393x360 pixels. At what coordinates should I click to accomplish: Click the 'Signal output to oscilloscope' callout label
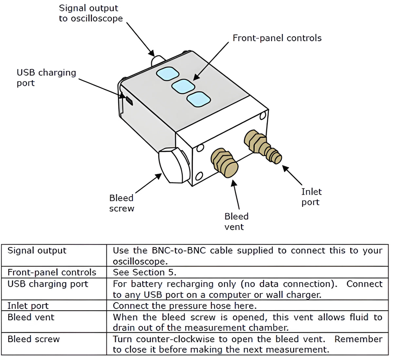[x=91, y=13]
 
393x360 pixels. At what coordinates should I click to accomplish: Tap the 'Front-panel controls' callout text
[x=277, y=38]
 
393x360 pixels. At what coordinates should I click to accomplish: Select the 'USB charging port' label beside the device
[x=46, y=78]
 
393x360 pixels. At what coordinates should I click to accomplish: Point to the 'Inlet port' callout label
[x=311, y=197]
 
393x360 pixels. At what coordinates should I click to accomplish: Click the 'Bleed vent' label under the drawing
[x=236, y=222]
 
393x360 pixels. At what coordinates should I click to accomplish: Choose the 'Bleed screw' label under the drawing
[x=122, y=203]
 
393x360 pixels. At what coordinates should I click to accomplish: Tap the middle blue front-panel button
[x=183, y=86]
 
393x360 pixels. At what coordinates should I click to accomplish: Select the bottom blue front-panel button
[x=198, y=99]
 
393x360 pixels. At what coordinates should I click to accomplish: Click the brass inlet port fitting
[x=262, y=147]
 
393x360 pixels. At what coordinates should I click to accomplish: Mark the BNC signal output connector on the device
[x=157, y=61]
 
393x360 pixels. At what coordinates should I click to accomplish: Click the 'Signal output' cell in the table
[x=37, y=251]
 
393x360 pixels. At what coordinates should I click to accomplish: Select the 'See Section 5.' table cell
[x=144, y=272]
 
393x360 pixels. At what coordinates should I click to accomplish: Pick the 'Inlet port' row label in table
[x=28, y=306]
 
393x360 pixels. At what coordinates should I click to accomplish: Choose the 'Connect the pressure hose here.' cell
[x=184, y=306]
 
